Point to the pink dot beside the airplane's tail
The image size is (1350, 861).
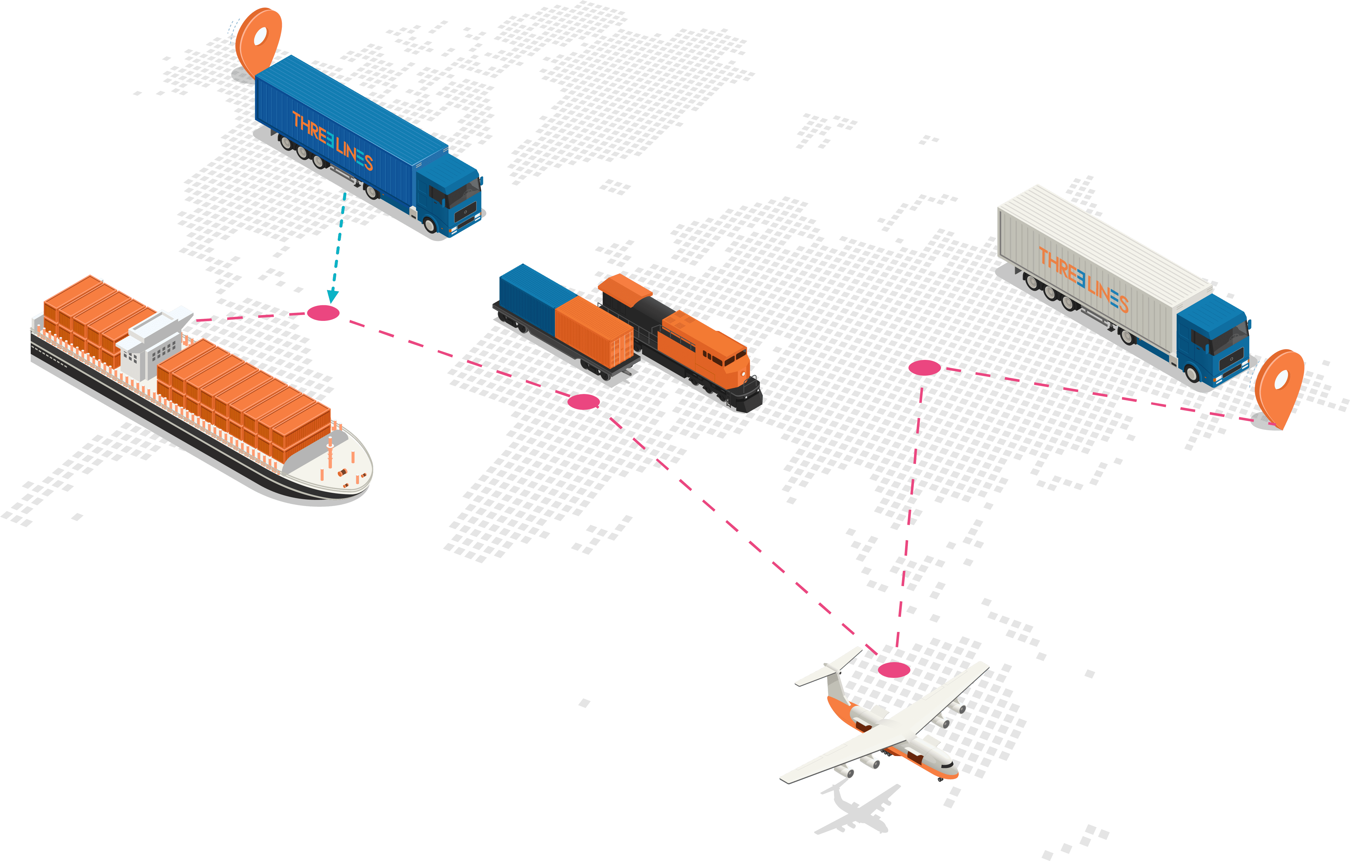coord(894,669)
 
